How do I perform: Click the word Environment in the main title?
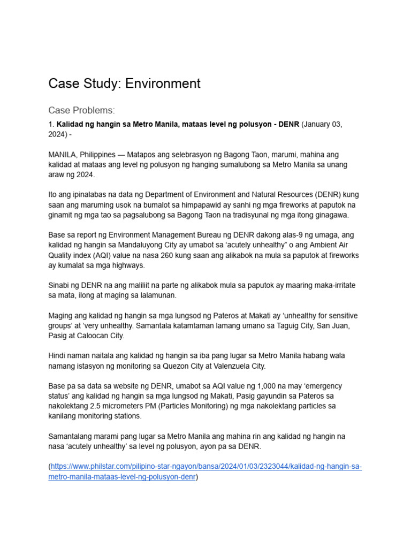[160, 83]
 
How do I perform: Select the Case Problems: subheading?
[81, 110]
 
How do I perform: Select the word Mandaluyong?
[141, 245]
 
